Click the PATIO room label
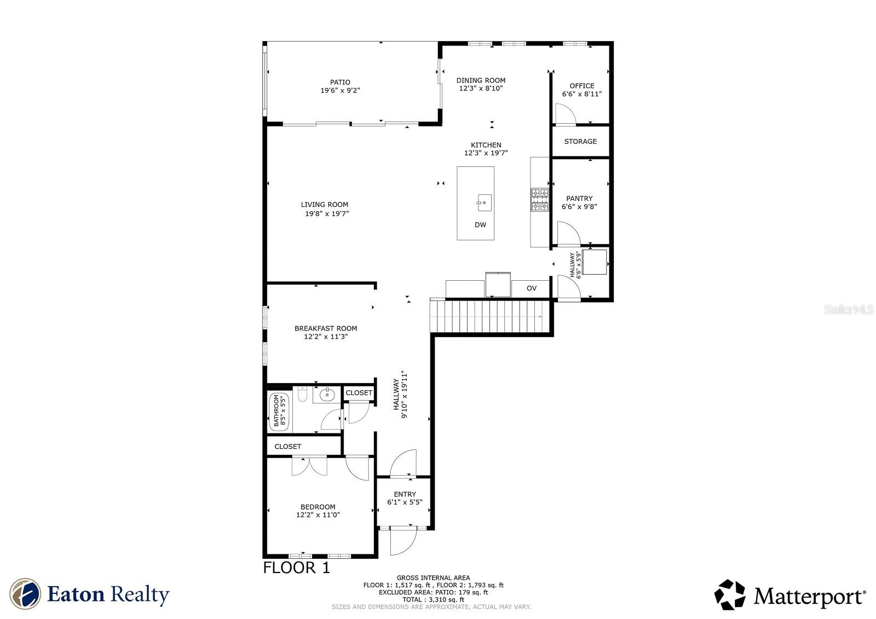coord(340,83)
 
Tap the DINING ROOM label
coord(481,80)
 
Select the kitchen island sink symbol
coord(484,203)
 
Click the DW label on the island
coord(480,225)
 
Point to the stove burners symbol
coord(540,200)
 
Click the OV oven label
coord(531,288)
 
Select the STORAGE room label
coord(580,141)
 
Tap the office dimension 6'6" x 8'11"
coord(581,94)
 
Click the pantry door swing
coord(567,233)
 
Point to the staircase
coord(490,316)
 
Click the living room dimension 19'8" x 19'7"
coord(327,214)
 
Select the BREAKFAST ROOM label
coord(326,328)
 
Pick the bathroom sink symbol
coord(327,394)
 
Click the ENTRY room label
coord(405,494)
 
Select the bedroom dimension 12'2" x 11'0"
coord(318,515)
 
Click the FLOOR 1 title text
coord(297,568)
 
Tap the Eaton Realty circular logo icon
coord(25,594)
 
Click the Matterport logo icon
coord(729,595)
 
